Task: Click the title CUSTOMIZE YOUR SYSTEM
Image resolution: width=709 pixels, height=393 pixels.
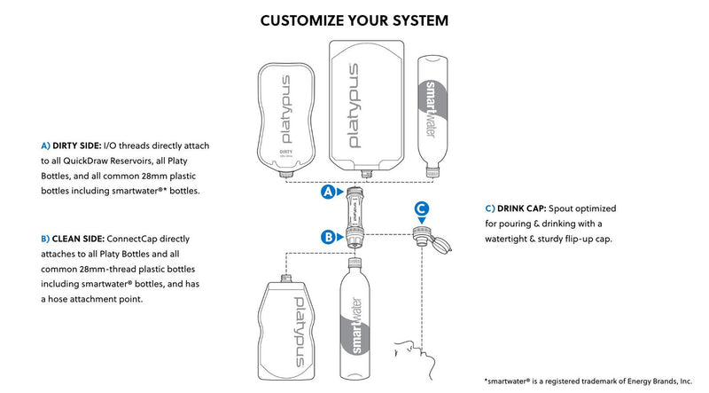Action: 354,20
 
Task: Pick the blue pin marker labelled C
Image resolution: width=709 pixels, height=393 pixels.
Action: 423,209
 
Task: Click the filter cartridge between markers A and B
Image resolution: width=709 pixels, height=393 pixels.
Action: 354,213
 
